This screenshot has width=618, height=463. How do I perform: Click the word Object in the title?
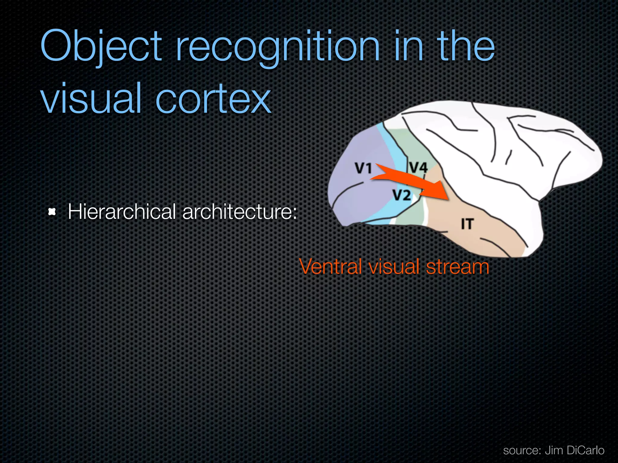pyautogui.click(x=101, y=47)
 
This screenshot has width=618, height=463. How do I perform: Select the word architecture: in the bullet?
pyautogui.click(x=240, y=212)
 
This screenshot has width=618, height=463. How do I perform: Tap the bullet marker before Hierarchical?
pyautogui.click(x=52, y=212)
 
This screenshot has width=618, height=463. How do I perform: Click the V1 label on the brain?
pyautogui.click(x=363, y=168)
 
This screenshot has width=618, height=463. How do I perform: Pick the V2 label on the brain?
pyautogui.click(x=402, y=195)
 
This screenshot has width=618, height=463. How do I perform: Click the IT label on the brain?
pyautogui.click(x=467, y=224)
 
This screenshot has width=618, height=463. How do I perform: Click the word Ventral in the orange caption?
pyautogui.click(x=330, y=267)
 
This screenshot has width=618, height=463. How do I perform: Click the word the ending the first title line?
pyautogui.click(x=466, y=47)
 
